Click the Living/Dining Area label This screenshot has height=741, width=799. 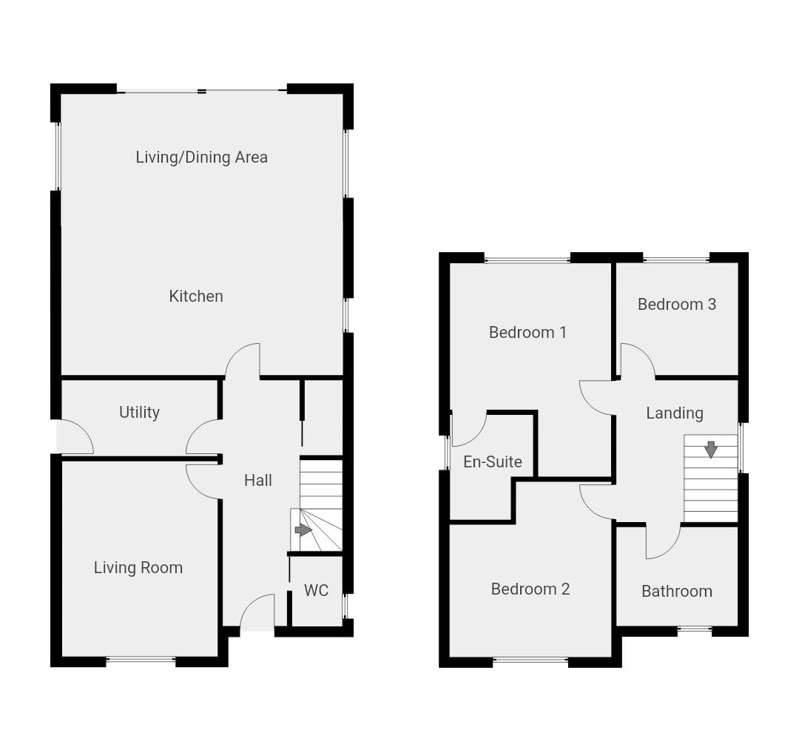pyautogui.click(x=201, y=157)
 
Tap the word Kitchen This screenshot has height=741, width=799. pyautogui.click(x=196, y=296)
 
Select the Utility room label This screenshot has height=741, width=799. pyautogui.click(x=139, y=412)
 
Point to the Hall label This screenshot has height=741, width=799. pyautogui.click(x=258, y=480)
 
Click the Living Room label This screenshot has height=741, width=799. pyautogui.click(x=138, y=567)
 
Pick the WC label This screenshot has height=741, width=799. pyautogui.click(x=316, y=590)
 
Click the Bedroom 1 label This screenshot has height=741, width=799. pyautogui.click(x=527, y=332)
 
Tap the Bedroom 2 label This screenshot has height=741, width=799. pyautogui.click(x=530, y=589)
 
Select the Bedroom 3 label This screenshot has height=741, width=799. pyautogui.click(x=676, y=304)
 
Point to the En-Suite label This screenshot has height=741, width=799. pyautogui.click(x=493, y=461)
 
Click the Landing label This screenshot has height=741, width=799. pyautogui.click(x=674, y=413)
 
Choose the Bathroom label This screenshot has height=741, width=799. pyautogui.click(x=676, y=591)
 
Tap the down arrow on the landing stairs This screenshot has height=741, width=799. pyautogui.click(x=710, y=449)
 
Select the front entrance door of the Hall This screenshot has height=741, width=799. pyautogui.click(x=257, y=614)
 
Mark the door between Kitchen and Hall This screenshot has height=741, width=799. pyautogui.click(x=243, y=361)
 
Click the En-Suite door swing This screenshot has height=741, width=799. pyautogui.click(x=469, y=429)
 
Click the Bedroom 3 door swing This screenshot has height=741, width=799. pyautogui.click(x=636, y=362)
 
